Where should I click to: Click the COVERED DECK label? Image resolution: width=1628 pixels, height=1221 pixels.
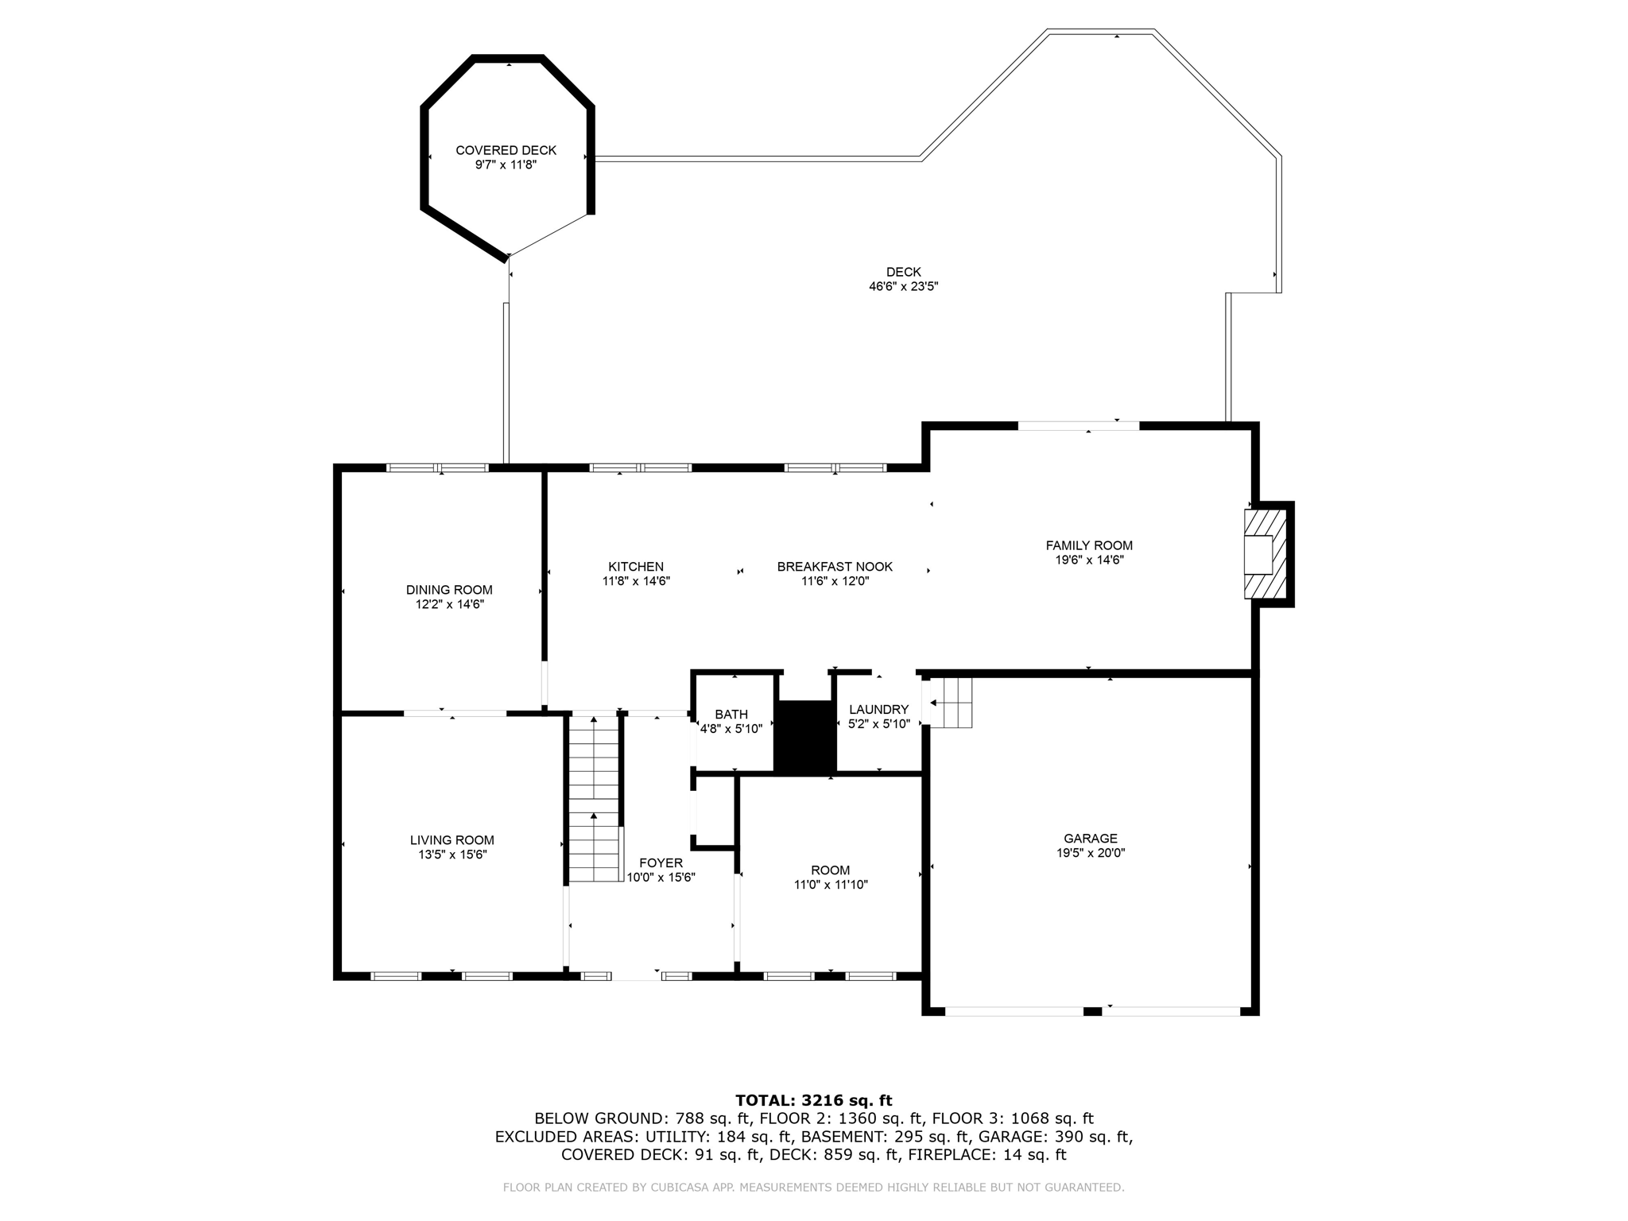point(506,150)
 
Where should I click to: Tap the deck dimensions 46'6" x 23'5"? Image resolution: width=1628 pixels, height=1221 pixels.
point(903,286)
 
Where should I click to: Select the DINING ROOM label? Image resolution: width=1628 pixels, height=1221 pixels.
point(449,590)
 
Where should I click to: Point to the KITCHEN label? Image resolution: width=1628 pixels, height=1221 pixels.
point(636,567)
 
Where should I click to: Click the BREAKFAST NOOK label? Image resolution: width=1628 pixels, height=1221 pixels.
point(835,567)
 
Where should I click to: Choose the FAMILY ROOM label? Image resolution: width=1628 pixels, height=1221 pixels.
point(1089,545)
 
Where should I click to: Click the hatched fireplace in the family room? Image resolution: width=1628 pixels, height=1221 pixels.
point(1265,555)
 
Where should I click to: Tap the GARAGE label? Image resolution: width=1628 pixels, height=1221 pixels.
point(1091,838)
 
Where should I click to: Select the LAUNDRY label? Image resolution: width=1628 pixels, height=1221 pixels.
point(878,710)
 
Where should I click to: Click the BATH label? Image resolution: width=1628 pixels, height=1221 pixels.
point(731,715)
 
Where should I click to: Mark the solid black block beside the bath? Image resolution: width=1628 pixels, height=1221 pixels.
point(805,736)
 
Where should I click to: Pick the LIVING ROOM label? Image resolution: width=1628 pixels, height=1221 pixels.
point(452,840)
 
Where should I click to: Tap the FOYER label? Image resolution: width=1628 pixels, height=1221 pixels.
point(661,863)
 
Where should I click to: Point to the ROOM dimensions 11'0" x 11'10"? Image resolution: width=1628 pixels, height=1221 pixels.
point(831,885)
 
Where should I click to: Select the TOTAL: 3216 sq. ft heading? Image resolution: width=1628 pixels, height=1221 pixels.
point(813,1101)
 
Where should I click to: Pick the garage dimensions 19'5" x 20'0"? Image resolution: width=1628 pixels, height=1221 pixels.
point(1091,853)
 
